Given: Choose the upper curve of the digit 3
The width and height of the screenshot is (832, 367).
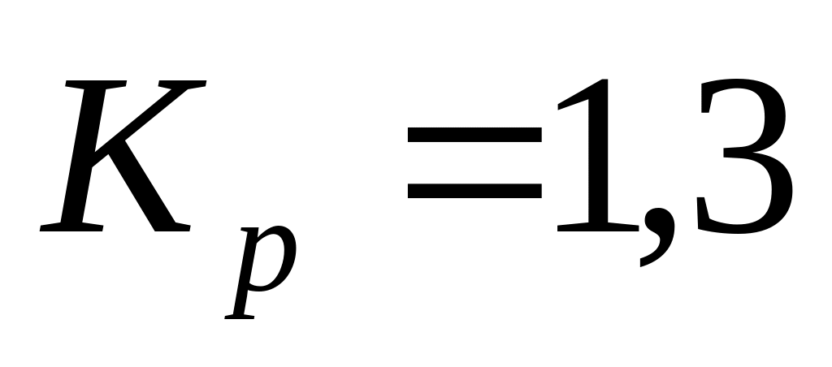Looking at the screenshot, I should [x=743, y=110].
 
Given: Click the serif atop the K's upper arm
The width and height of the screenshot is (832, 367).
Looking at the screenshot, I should [x=184, y=84].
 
